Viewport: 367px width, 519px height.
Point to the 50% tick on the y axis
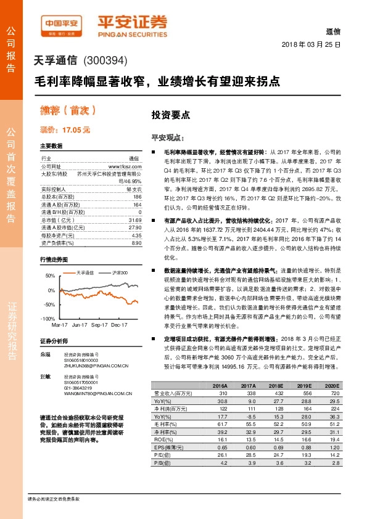tap(50, 275)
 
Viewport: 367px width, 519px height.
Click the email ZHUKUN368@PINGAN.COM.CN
tap(96, 366)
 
